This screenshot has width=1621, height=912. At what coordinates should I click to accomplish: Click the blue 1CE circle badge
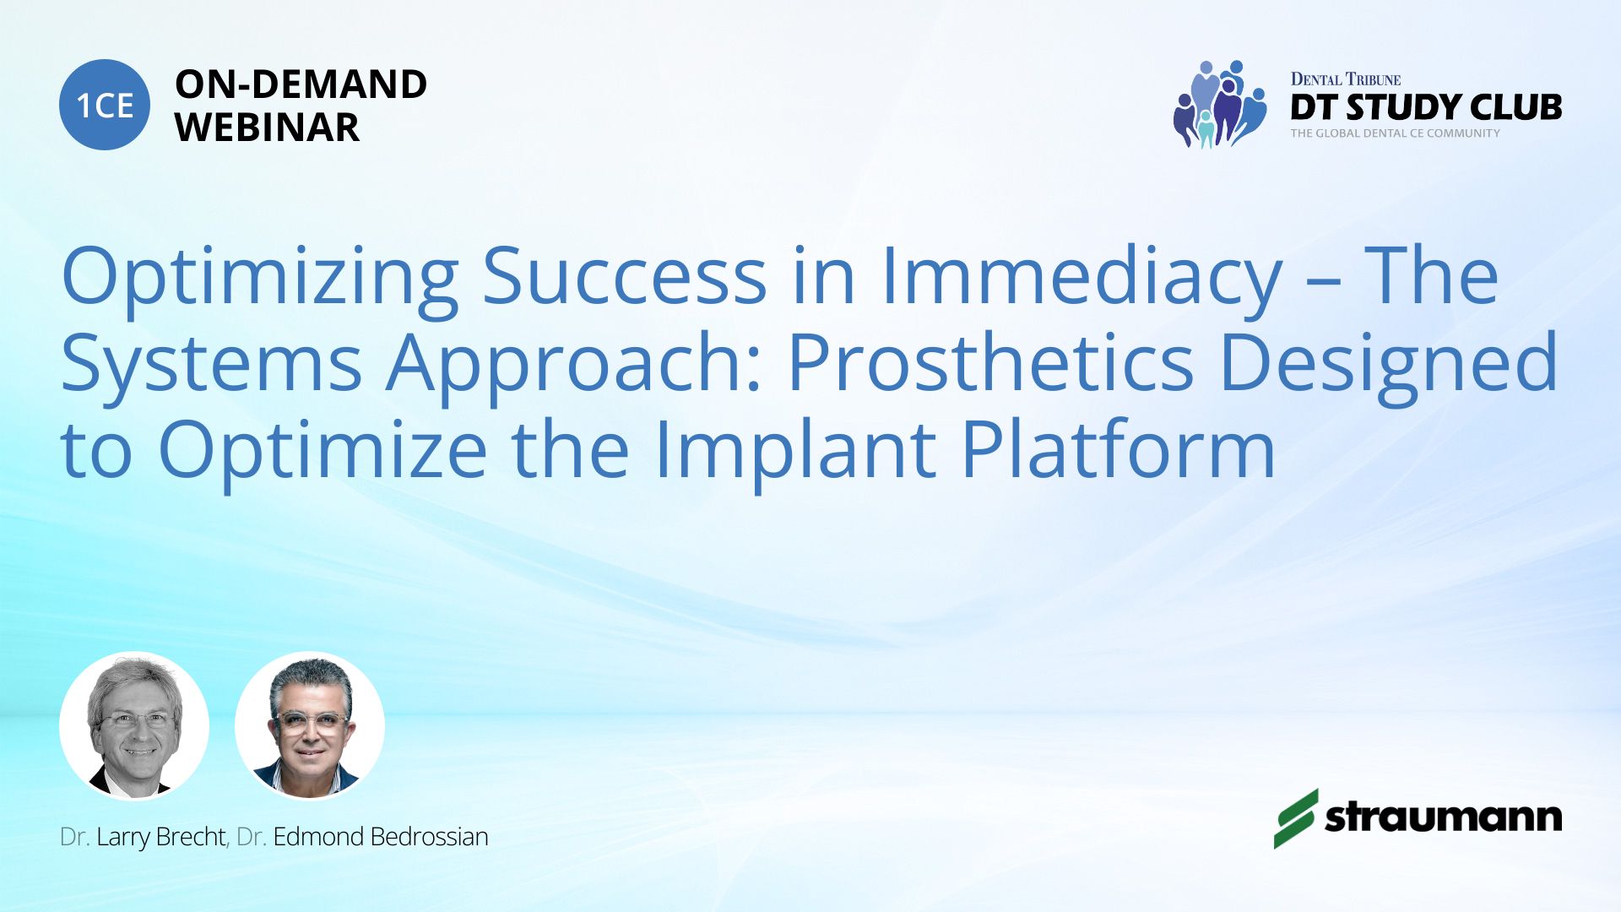coord(105,105)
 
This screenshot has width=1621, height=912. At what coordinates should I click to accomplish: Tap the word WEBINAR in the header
coord(267,128)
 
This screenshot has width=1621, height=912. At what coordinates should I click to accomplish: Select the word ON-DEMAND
coord(301,84)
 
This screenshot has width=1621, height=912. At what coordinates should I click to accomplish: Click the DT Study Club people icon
coord(1220,104)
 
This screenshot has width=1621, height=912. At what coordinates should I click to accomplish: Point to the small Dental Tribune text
coord(1346,79)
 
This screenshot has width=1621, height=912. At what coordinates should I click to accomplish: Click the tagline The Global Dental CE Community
coord(1395,133)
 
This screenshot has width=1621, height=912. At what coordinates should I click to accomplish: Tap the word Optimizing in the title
coord(260,278)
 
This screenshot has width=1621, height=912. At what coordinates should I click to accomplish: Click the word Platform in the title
coord(1118,448)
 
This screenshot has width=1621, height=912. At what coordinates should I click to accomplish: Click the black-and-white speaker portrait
coord(134,726)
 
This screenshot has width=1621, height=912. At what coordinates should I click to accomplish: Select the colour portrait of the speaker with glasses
coord(310,726)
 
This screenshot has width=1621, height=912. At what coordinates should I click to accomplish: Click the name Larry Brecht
coord(160,837)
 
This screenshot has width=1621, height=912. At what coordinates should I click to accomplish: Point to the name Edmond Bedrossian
coord(381,837)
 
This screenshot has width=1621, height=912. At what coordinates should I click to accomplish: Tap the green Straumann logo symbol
coord(1295,818)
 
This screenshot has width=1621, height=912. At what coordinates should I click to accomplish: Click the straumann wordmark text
coord(1443,817)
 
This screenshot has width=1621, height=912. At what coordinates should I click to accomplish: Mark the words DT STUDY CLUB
coord(1426,107)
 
